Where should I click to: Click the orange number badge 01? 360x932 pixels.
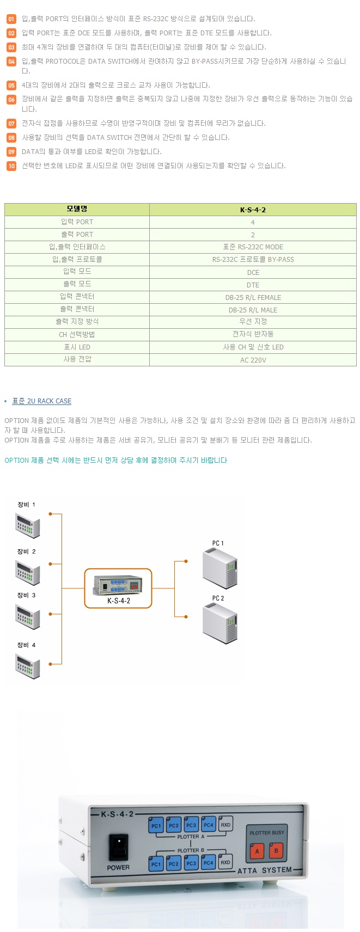point(11,19)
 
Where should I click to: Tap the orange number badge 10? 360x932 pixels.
point(11,166)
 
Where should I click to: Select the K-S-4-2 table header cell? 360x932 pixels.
point(253,210)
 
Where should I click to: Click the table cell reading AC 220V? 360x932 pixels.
point(253,360)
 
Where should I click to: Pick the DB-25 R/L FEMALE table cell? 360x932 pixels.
point(253,297)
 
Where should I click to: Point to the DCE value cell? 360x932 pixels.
point(253,272)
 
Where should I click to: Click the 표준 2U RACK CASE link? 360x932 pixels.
point(42,401)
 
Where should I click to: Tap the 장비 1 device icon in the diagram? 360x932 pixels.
point(28,525)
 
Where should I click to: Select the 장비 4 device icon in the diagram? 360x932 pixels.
point(28,666)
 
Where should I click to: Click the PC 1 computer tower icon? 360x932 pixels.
point(219,569)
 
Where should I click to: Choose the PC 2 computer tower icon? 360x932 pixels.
point(219,624)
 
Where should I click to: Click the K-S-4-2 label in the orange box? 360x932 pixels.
point(119,601)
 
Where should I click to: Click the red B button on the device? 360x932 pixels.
point(276,850)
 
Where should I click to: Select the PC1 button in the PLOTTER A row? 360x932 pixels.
point(156,826)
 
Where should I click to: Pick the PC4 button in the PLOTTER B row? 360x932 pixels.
point(209,863)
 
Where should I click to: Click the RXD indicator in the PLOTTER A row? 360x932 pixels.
point(225,825)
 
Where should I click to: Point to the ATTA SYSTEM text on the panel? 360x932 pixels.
point(265,870)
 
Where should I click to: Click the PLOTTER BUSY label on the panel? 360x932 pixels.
point(266,833)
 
